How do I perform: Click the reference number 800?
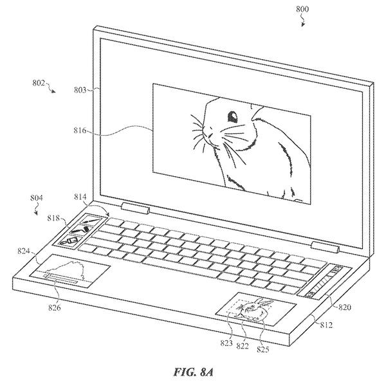tap(302, 9)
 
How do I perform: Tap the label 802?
tap(39, 83)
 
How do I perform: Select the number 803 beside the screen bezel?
tap(80, 90)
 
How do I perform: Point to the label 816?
tap(80, 130)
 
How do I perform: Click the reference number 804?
tap(37, 198)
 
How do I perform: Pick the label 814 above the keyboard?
tap(80, 197)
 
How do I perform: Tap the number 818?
tap(53, 218)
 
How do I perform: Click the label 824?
tap(24, 251)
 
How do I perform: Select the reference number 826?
tap(54, 307)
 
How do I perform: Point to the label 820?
tap(345, 307)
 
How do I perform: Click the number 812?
tap(326, 325)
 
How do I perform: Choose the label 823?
tap(226, 343)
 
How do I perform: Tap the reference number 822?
tap(243, 346)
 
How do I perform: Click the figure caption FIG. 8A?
tap(193, 372)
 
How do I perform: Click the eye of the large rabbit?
tap(232, 116)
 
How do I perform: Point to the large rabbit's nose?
tap(208, 132)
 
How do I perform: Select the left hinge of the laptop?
tap(136, 209)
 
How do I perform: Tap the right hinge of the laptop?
tap(326, 247)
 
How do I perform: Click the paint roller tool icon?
tap(80, 230)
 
